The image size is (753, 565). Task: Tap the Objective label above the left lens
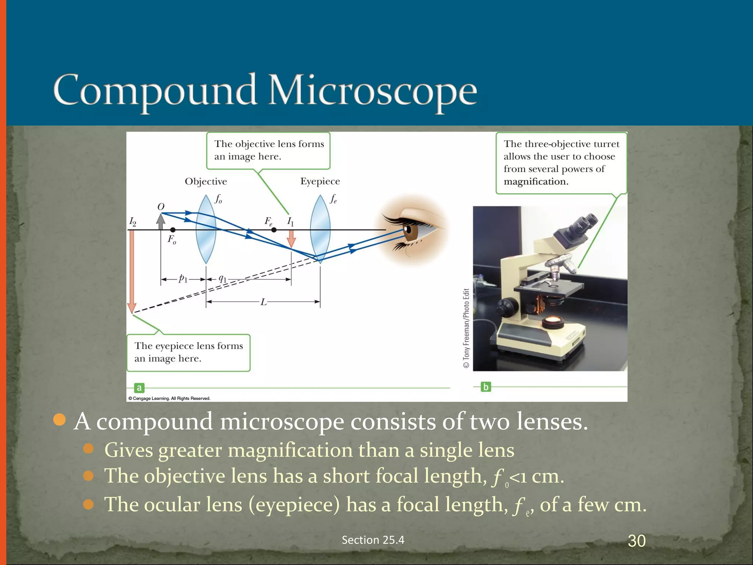click(x=206, y=181)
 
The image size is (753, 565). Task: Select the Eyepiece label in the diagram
click(x=320, y=181)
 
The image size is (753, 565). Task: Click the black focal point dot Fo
click(x=173, y=230)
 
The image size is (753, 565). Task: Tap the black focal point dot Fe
click(x=274, y=230)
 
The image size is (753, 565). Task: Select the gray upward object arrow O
click(x=161, y=221)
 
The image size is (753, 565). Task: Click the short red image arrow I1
click(x=291, y=239)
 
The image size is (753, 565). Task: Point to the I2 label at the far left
click(x=133, y=222)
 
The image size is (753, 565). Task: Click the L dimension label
click(x=264, y=302)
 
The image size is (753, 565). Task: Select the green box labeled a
click(x=139, y=388)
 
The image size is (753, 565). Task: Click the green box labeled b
click(x=486, y=387)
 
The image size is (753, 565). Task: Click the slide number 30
click(x=636, y=541)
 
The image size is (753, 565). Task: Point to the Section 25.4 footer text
click(x=373, y=540)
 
